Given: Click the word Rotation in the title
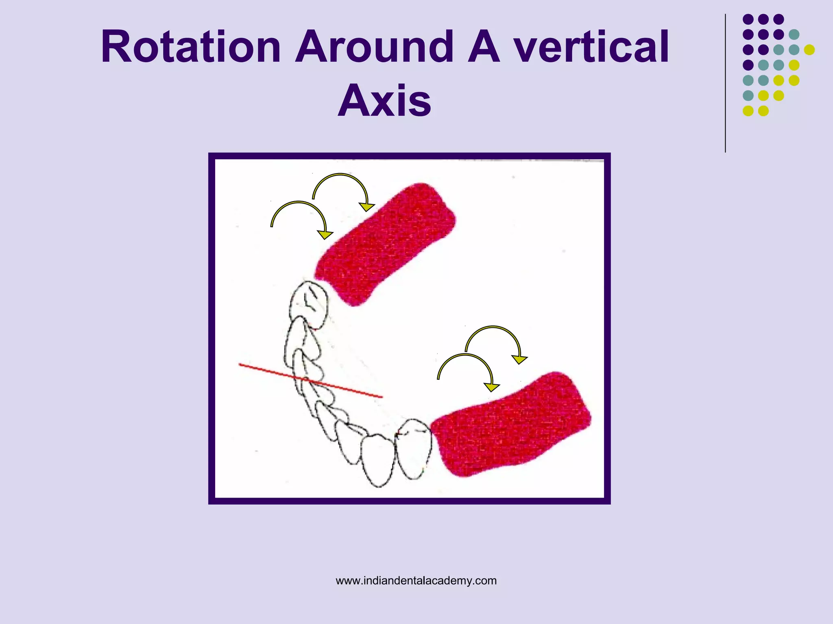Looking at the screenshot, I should click(x=191, y=47).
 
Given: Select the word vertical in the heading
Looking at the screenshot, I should click(x=591, y=47).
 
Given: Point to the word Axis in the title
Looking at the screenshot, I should click(x=384, y=100).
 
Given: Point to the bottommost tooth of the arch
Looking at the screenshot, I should click(x=378, y=461).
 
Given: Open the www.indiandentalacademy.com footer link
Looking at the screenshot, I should click(x=416, y=581).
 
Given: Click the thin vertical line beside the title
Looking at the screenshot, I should click(x=725, y=83).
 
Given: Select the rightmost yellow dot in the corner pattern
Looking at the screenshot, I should click(x=809, y=50).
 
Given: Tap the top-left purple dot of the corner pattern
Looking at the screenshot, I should click(x=748, y=19).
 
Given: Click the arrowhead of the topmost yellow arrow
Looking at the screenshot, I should click(x=367, y=207).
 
